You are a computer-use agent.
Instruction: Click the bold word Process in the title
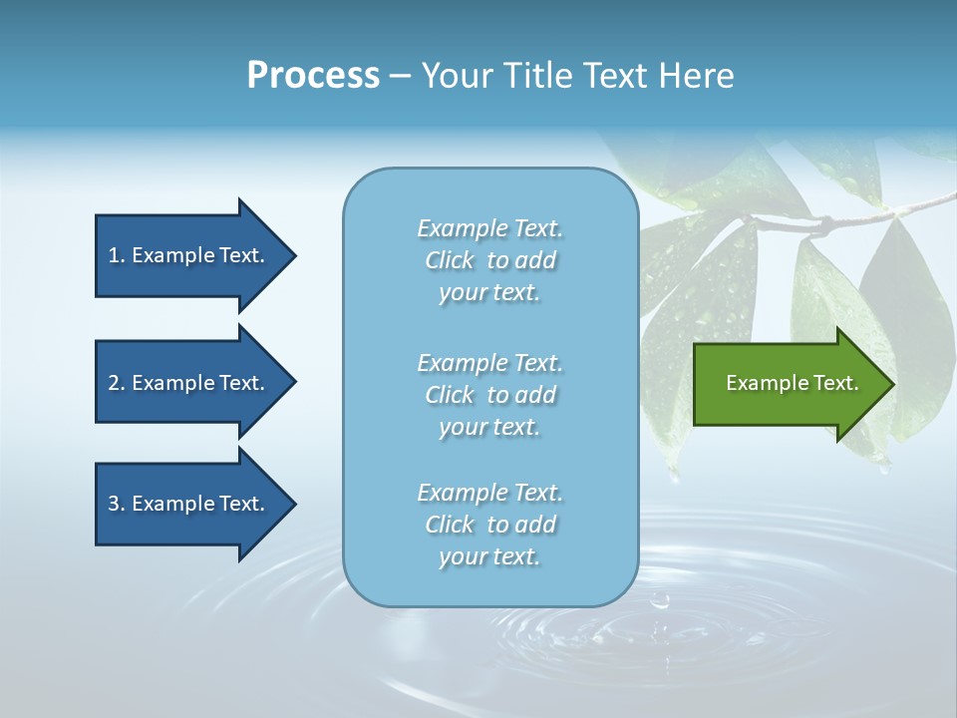click(x=313, y=76)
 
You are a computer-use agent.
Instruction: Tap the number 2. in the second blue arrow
click(x=116, y=383)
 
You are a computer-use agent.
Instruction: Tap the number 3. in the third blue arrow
click(x=116, y=505)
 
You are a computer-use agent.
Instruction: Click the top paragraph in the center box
click(x=489, y=260)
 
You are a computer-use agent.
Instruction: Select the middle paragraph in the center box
click(x=489, y=395)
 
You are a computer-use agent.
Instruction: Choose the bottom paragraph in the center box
click(x=489, y=525)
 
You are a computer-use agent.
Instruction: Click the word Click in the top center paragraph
click(x=450, y=261)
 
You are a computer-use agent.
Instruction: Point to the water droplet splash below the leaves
click(x=659, y=601)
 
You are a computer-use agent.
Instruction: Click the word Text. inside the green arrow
click(x=835, y=383)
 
